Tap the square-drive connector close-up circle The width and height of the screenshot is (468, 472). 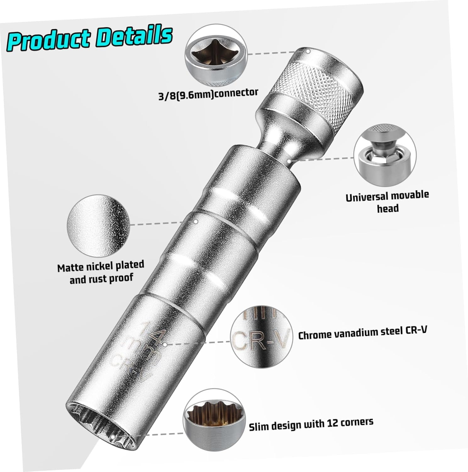click(x=216, y=59)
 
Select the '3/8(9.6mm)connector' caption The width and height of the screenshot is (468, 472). click(x=208, y=93)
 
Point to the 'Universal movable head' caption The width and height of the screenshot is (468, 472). click(x=387, y=202)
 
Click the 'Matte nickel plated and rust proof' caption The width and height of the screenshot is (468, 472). click(x=101, y=272)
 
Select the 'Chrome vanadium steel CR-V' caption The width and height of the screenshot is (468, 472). click(x=363, y=333)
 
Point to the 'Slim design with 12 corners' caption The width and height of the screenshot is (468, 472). click(x=311, y=424)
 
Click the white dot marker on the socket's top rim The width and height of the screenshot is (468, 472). click(x=309, y=51)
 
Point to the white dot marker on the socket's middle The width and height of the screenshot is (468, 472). click(x=196, y=222)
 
